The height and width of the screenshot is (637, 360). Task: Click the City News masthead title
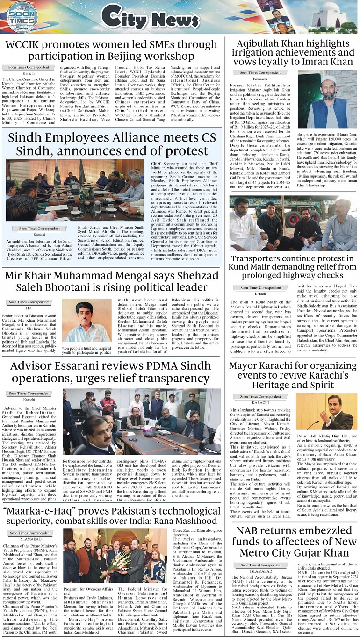[143, 18]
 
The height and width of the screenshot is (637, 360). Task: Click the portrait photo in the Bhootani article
[86, 320]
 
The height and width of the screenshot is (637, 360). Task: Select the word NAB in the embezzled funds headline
[250, 530]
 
